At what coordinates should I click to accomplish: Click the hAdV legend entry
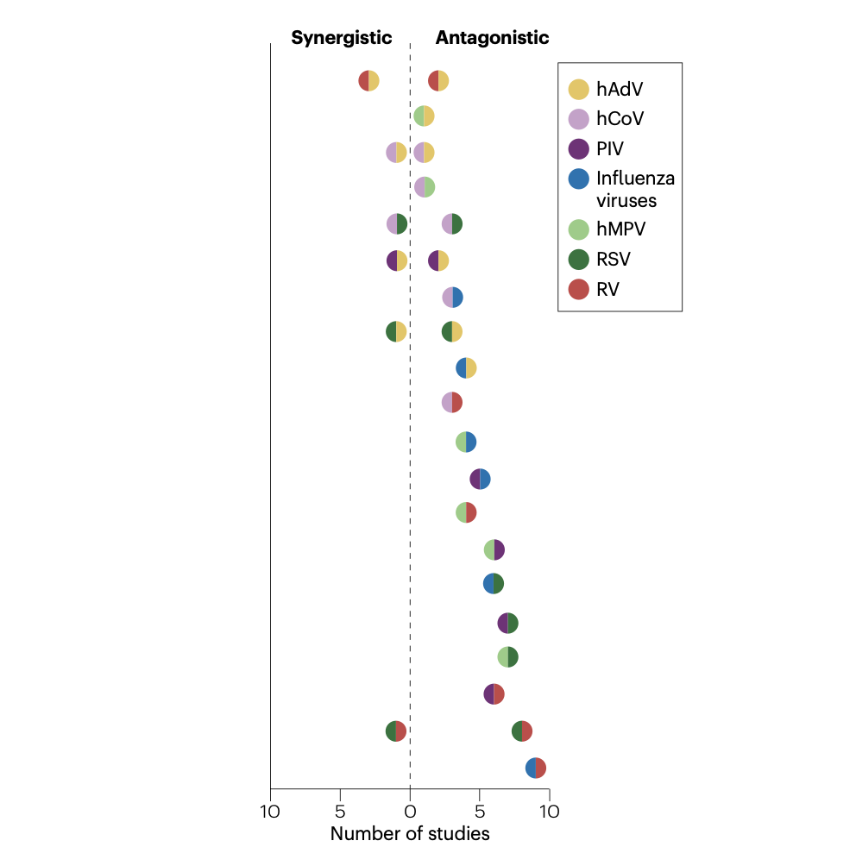[x=620, y=89]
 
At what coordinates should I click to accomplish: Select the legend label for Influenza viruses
[x=635, y=190]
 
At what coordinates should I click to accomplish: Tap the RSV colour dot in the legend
[x=579, y=259]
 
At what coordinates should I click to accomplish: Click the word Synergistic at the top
[x=342, y=38]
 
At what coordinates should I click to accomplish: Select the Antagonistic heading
[x=492, y=38]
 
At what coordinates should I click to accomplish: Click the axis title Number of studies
[x=410, y=834]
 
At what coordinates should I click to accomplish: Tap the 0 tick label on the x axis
[x=410, y=812]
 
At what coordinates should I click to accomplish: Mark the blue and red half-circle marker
[x=536, y=769]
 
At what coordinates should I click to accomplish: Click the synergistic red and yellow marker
[x=369, y=82]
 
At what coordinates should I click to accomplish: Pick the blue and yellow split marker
[x=466, y=368]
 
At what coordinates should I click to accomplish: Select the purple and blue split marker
[x=480, y=479]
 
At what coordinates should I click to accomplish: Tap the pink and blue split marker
[x=452, y=298]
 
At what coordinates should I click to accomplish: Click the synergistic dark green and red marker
[x=396, y=731]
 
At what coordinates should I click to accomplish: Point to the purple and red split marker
[x=494, y=694]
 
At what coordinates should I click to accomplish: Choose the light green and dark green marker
[x=507, y=657]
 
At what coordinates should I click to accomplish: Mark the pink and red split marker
[x=452, y=403]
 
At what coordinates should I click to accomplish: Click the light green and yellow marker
[x=424, y=116]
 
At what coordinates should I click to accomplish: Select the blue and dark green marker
[x=494, y=584]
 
